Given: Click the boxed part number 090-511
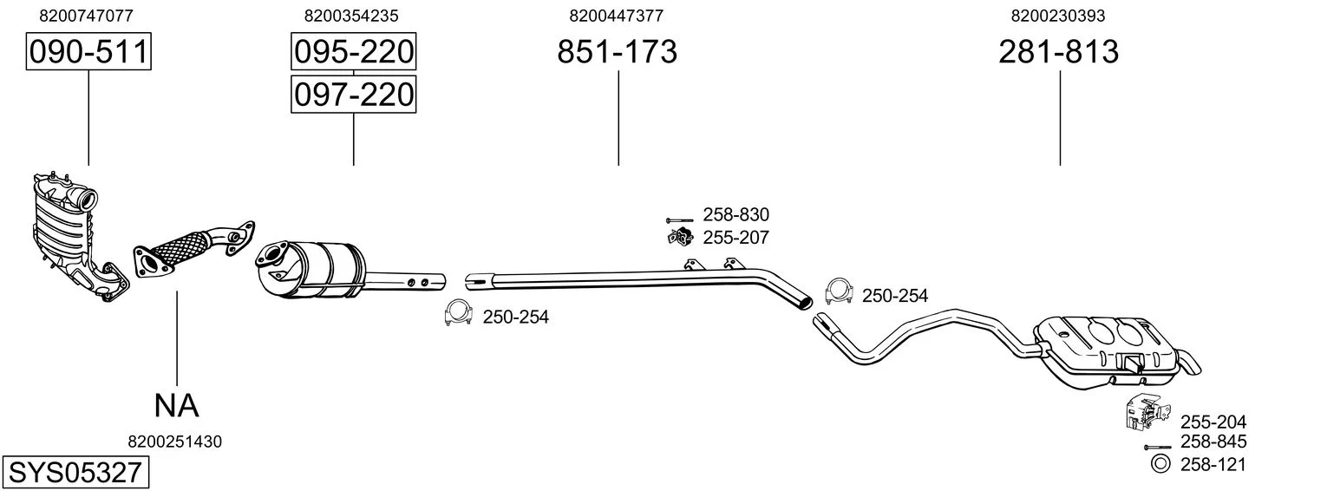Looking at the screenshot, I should (88, 52).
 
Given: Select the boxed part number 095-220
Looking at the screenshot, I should (353, 52).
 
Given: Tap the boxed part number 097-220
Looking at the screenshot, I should (353, 94).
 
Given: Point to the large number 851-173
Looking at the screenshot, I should (617, 52).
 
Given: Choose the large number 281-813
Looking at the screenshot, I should (1058, 52).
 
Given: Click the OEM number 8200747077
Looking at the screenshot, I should (87, 15).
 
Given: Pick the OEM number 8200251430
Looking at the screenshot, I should (174, 442).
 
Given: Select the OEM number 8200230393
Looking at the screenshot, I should (1058, 15).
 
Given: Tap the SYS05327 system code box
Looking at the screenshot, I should (75, 473).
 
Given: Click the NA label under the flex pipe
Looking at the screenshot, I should (177, 405).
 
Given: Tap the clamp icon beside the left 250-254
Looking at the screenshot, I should (457, 315).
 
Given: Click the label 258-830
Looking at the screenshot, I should (735, 215).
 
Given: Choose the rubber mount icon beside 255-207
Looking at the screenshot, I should (680, 236).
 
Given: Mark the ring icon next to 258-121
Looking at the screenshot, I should (1160, 464).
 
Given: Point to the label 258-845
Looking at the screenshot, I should (1213, 442).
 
